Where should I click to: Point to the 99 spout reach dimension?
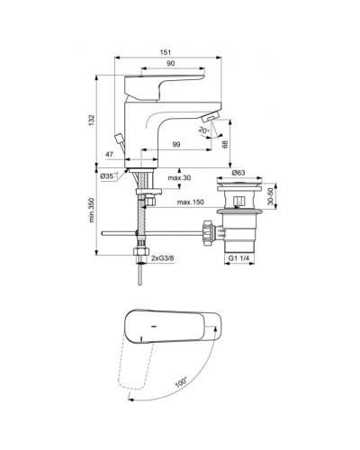(176, 146)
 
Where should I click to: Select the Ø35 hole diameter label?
(108, 177)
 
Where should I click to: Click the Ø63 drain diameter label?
(239, 171)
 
